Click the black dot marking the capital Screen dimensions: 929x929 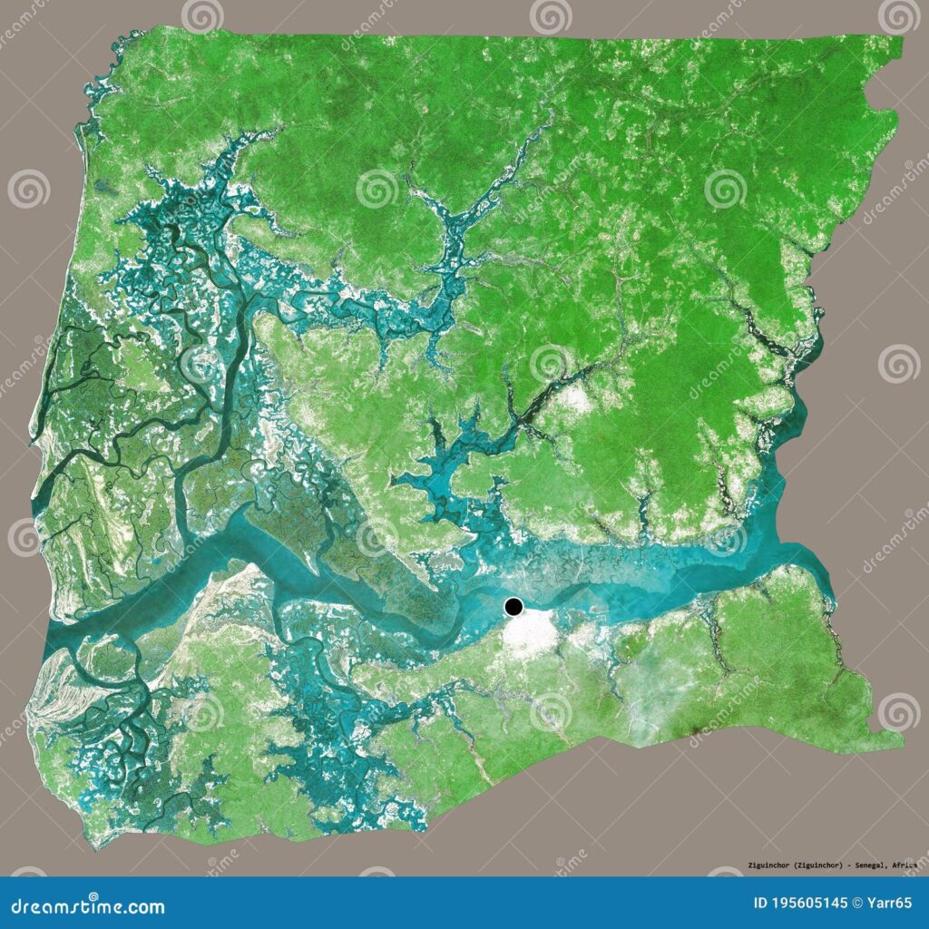click(x=514, y=607)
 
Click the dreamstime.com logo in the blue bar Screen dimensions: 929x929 click(x=82, y=906)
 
